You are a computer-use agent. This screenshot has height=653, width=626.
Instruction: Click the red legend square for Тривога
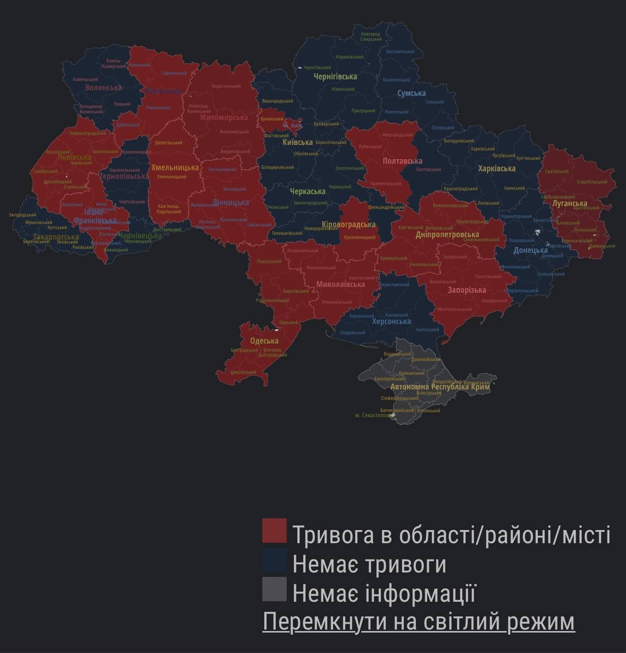[x=274, y=531]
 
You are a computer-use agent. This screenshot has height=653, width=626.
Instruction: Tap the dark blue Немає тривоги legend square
[x=274, y=560]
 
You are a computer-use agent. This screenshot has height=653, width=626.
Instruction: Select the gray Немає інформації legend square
[x=274, y=589]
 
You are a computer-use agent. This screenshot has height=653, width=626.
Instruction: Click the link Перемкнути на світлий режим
[x=419, y=622]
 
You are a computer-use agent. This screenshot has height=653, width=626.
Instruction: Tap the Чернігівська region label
[x=335, y=77]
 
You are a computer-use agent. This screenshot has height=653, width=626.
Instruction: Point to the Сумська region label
[x=411, y=93]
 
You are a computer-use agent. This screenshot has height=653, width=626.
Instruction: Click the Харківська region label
[x=497, y=168]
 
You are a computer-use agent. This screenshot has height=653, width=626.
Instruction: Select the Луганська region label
[x=569, y=204]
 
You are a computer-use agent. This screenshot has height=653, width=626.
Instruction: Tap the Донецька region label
[x=530, y=250]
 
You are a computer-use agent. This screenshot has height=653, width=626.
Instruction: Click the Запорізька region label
[x=466, y=290]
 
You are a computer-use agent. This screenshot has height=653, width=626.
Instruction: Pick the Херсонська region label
[x=392, y=321]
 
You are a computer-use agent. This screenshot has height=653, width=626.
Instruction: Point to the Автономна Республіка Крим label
[x=440, y=387]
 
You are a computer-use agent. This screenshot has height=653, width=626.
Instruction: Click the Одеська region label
[x=264, y=341]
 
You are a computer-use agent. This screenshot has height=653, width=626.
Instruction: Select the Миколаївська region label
[x=341, y=284]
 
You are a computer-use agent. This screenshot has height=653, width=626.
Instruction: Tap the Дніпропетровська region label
[x=447, y=235]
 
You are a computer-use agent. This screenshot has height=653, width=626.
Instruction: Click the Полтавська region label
[x=402, y=161]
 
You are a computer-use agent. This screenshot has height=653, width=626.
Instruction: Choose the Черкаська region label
[x=307, y=191]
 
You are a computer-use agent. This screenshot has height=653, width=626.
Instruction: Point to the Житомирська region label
[x=224, y=118]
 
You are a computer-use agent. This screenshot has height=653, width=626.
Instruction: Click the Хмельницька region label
[x=175, y=167]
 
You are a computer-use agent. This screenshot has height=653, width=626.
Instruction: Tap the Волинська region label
[x=103, y=88]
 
